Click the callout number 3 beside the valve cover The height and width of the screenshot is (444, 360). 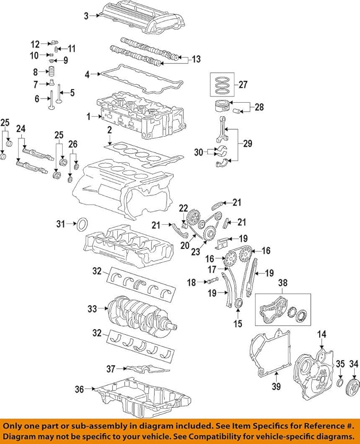click(86, 16)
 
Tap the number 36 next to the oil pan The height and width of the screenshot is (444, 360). click(80, 389)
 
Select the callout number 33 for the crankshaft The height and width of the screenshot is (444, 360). click(92, 309)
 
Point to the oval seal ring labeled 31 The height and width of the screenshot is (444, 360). click(82, 224)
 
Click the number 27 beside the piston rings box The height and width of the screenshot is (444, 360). click(243, 84)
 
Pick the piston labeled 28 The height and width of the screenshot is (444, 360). click(223, 108)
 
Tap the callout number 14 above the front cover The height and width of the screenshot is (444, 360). click(322, 334)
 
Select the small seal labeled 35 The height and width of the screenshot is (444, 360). click(340, 382)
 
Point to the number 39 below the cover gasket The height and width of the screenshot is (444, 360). click(276, 386)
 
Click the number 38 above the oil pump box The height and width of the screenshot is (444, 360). click(283, 282)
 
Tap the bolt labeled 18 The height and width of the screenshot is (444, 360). click(213, 281)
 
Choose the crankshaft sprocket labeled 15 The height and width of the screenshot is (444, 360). click(239, 304)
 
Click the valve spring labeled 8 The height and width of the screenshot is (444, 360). click(51, 72)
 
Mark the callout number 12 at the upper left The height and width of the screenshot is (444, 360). click(35, 44)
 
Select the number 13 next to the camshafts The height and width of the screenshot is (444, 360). click(196, 59)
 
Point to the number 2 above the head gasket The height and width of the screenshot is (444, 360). click(109, 130)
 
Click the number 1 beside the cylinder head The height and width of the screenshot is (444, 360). click(89, 117)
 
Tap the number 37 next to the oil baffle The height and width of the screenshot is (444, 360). click(111, 369)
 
